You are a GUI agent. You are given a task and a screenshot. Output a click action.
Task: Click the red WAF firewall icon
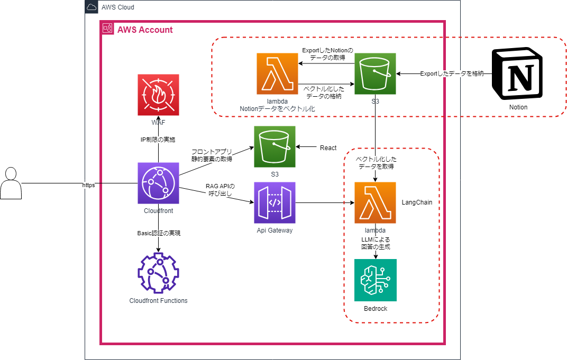[158, 95]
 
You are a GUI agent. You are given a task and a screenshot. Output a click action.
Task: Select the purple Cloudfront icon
[158, 183]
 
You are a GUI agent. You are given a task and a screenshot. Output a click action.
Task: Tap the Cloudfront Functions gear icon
[158, 273]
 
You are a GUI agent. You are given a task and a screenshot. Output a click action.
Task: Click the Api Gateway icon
[275, 202]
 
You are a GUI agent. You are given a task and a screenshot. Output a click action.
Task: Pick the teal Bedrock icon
[376, 280]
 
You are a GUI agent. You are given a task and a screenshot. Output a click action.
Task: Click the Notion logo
[518, 73]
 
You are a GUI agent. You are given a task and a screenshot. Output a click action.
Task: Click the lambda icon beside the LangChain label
[376, 202]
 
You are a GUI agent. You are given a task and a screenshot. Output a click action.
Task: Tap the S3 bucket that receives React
[275, 147]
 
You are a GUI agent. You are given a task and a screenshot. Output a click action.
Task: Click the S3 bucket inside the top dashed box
[376, 73]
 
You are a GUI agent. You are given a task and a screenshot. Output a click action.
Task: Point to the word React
[328, 148]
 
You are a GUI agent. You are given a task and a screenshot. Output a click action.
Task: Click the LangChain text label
[417, 202]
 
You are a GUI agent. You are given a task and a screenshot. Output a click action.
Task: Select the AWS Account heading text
[145, 30]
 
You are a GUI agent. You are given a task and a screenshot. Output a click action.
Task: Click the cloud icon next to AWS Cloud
[92, 7]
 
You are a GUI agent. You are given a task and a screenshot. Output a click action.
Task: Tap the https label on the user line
[88, 186]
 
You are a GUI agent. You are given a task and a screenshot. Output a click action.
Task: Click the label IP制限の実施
[158, 140]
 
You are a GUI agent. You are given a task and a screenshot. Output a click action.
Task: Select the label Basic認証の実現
[158, 233]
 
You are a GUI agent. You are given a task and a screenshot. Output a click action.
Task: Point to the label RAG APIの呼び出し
[220, 189]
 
